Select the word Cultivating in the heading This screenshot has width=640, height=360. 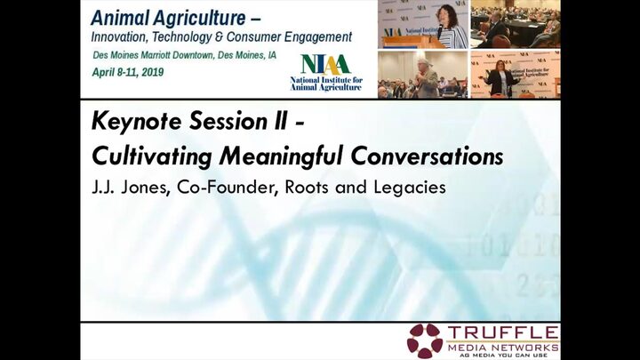pos(152,156)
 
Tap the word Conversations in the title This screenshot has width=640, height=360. pos(427,156)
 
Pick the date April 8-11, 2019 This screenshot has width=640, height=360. pos(128,72)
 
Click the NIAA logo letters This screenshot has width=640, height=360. pos(325,65)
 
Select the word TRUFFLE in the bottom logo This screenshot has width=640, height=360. pos(503,332)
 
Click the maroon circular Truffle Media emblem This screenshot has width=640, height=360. pos(425,340)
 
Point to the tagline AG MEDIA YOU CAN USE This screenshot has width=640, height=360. pos(503,356)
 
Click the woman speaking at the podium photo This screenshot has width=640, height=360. pos(423,25)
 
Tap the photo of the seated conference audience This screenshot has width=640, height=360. pos(516,24)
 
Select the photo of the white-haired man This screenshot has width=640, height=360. pos(423,75)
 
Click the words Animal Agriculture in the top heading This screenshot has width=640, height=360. pos(168,19)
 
